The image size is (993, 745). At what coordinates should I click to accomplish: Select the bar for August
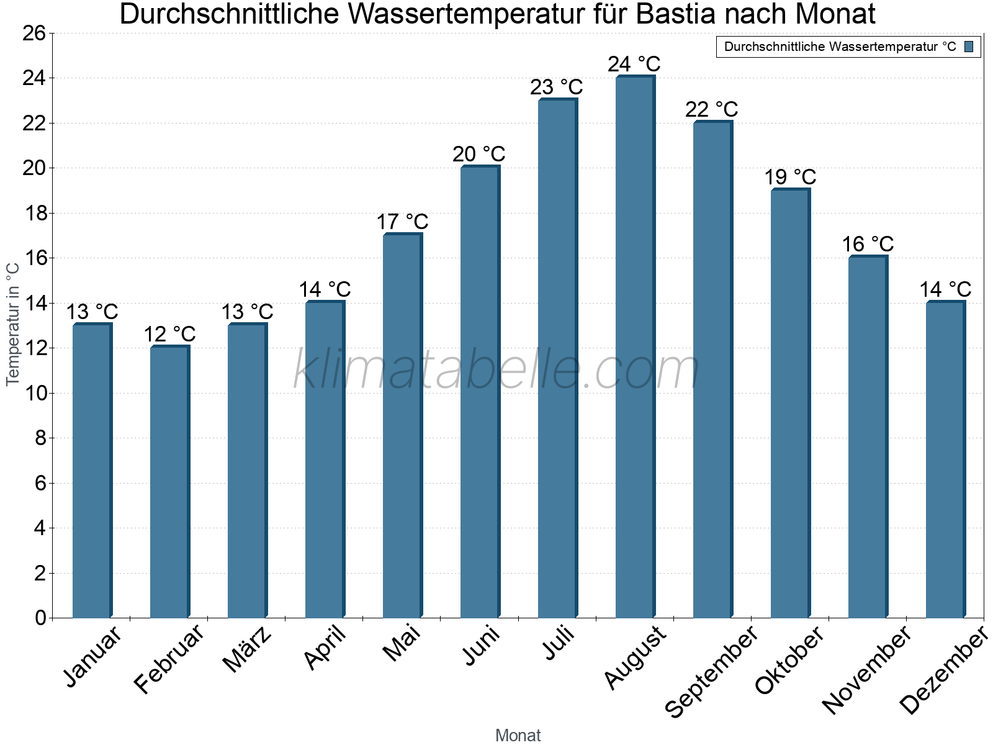point(635,348)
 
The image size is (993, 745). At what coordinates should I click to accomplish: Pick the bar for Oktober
point(790,404)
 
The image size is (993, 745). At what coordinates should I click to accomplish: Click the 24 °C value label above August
point(634,64)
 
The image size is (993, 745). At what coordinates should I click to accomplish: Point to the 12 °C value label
point(169,335)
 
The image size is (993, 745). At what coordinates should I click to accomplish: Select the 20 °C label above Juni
point(479,154)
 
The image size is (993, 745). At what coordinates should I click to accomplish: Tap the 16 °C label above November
point(868,244)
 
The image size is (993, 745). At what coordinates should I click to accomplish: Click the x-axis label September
point(711,671)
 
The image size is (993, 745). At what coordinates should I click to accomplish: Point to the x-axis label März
point(248,649)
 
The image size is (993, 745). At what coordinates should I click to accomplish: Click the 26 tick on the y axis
point(34,33)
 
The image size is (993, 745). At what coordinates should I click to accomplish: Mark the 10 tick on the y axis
point(34,393)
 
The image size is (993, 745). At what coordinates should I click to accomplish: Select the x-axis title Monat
point(518,735)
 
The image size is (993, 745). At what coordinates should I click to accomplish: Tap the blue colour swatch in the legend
point(969,47)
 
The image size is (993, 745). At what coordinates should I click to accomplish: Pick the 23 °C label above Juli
point(557,87)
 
